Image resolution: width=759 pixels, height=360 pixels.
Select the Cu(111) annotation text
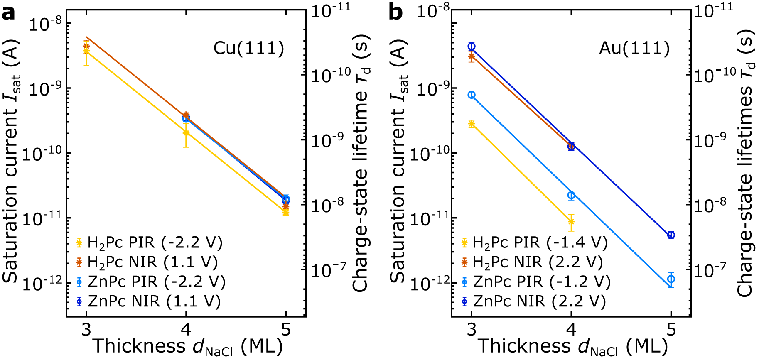click(249, 49)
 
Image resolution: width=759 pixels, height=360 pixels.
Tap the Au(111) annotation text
click(634, 49)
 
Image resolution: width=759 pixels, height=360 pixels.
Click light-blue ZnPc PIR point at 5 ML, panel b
click(671, 279)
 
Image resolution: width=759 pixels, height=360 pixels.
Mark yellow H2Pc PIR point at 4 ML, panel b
click(571, 222)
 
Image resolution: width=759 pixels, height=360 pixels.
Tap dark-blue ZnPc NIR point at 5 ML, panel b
click(671, 235)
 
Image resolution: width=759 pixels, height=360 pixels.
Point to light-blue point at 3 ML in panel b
click(472, 95)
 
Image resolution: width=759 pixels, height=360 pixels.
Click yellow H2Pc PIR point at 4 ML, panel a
click(186, 133)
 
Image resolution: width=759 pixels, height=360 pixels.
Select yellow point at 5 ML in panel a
click(286, 212)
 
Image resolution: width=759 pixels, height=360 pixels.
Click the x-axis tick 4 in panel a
click(186, 330)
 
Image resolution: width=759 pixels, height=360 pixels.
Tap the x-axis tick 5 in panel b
click(671, 330)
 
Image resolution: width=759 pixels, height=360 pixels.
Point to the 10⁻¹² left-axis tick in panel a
click(41, 284)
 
